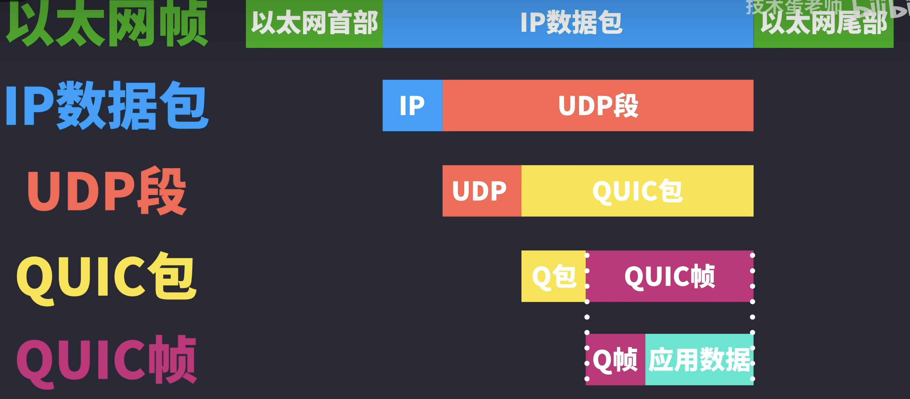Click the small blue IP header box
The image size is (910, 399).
412,106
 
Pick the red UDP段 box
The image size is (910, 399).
598,106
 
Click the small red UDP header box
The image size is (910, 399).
481,191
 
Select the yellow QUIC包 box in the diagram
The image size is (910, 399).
637,191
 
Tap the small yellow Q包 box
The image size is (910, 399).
553,276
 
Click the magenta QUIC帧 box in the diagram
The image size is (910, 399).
669,276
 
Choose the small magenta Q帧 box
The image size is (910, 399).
615,360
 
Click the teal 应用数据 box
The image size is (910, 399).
699,360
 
